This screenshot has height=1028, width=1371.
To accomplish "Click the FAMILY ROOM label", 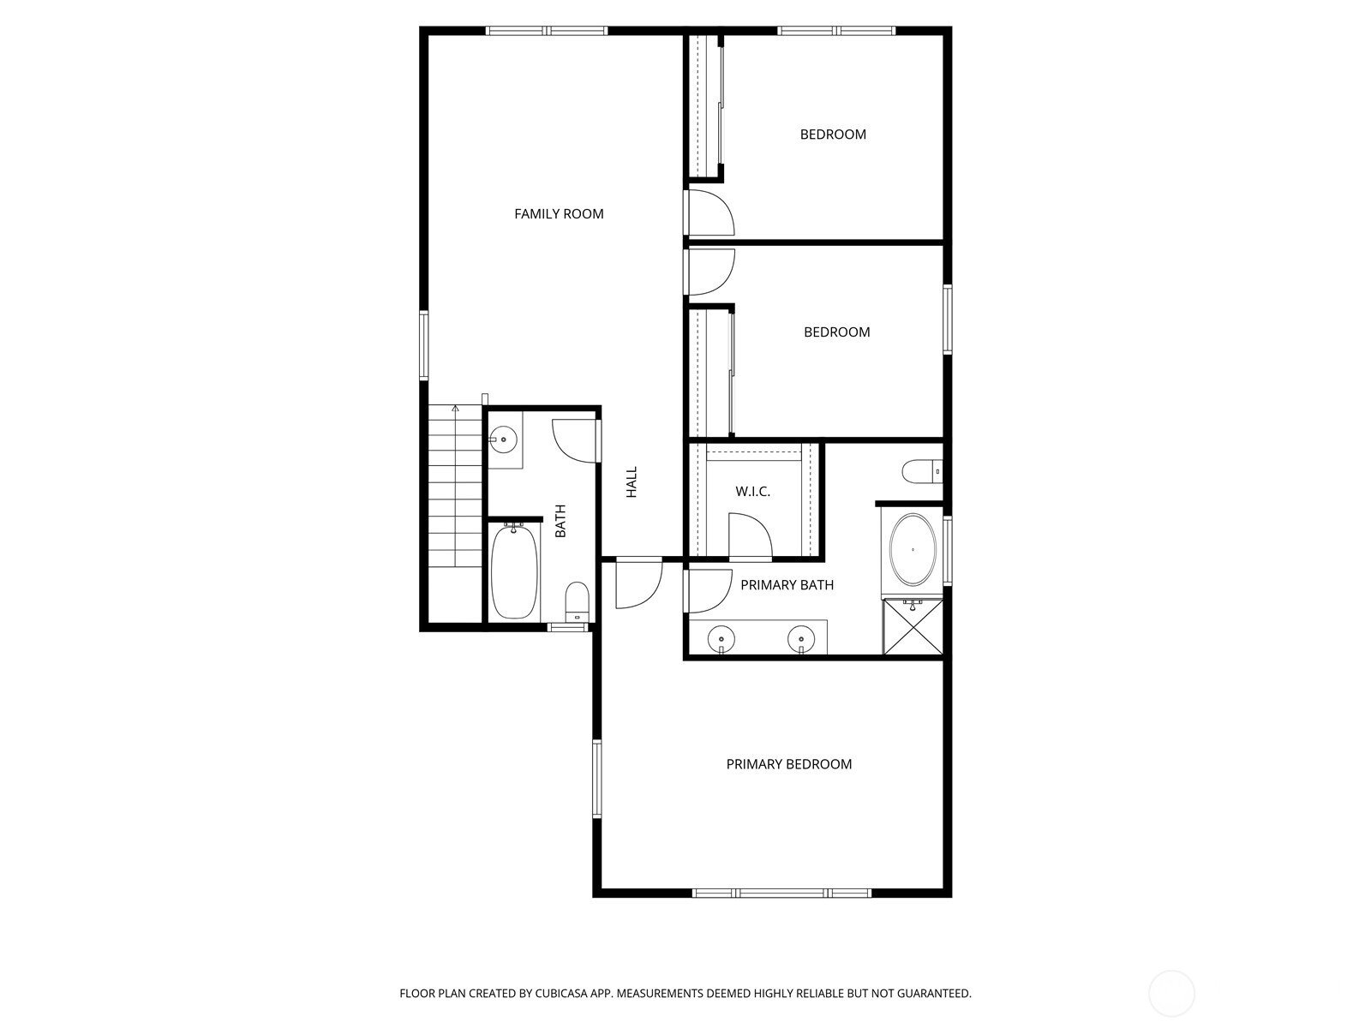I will click(x=559, y=214).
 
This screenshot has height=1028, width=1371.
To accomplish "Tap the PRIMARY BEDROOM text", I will click(x=788, y=764).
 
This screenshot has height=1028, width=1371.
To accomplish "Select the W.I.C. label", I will click(x=752, y=492).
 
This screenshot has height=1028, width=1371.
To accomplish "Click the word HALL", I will click(x=632, y=482).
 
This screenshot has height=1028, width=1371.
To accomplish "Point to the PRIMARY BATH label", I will click(x=787, y=585).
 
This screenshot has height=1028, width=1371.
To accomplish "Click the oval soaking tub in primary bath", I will click(x=913, y=549).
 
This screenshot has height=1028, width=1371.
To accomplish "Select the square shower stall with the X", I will click(x=913, y=628).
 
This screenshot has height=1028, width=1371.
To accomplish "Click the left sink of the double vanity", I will click(x=721, y=638).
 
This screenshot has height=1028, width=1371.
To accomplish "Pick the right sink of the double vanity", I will click(x=800, y=638).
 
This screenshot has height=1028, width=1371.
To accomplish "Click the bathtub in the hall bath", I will click(x=514, y=571).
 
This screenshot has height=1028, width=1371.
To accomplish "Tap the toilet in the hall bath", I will click(x=578, y=601).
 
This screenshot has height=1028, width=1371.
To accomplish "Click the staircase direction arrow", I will click(x=456, y=409).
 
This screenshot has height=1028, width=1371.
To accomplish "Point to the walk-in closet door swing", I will click(x=748, y=535).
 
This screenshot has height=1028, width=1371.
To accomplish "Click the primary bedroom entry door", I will click(x=638, y=584).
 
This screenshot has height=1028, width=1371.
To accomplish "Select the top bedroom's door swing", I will click(x=710, y=213).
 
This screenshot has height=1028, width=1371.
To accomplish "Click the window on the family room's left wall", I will click(x=423, y=345).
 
